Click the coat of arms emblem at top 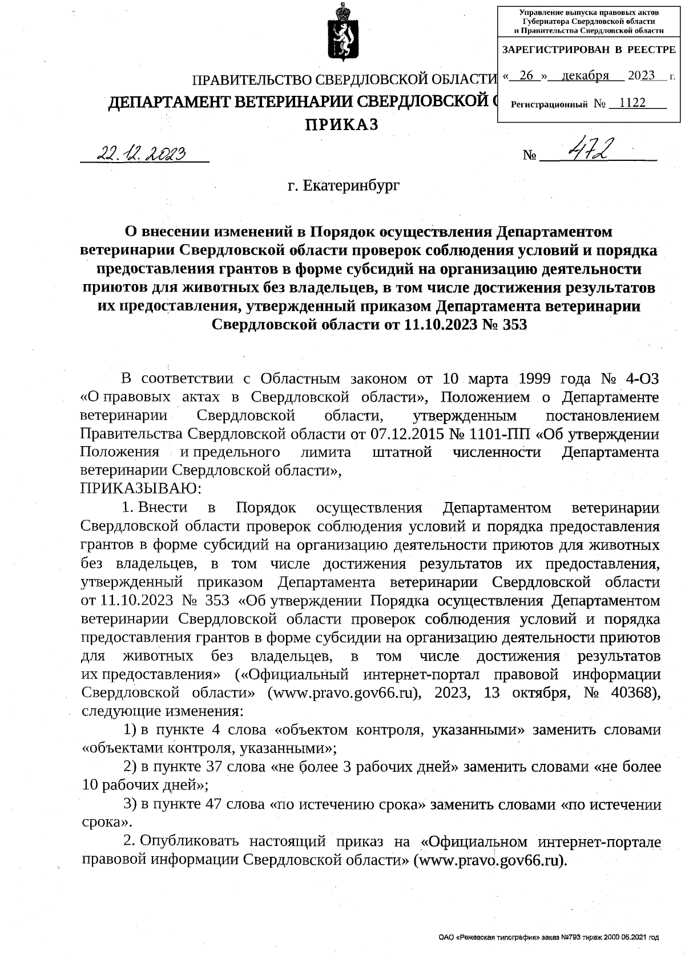(342, 37)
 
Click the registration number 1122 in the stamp (632, 103)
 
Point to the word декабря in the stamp (585, 76)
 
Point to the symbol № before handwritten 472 (529, 155)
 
